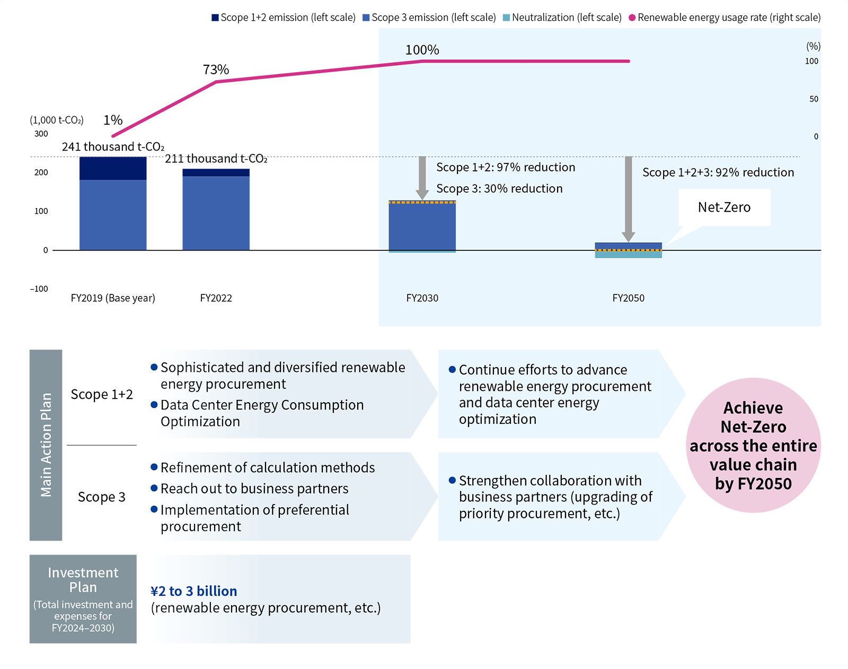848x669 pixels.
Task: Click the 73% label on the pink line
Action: pos(216,69)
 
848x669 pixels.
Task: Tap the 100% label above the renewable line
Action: pos(422,50)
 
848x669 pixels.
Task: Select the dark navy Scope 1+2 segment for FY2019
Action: pos(113,168)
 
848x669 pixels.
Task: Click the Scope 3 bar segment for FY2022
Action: pos(216,213)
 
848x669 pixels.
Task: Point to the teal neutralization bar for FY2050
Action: pos(628,255)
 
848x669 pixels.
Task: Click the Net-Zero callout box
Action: pos(724,207)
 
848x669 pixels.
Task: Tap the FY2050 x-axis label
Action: pos(628,298)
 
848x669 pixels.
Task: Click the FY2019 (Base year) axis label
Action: pos(113,298)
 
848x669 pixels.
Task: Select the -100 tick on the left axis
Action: pos(39,289)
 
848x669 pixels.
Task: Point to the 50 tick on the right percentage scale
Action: pos(814,99)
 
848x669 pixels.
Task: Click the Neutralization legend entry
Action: pos(562,18)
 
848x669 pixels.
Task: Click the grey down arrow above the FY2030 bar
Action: pos(422,178)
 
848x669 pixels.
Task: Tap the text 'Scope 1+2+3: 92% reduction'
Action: pos(718,172)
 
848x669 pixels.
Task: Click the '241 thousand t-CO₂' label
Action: pos(113,147)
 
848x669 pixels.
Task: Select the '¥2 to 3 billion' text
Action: pos(194,591)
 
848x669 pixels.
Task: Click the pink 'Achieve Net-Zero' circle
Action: pos(753,445)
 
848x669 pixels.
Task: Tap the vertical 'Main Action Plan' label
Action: pos(46,445)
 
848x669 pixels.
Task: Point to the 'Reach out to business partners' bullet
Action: pos(254,489)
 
